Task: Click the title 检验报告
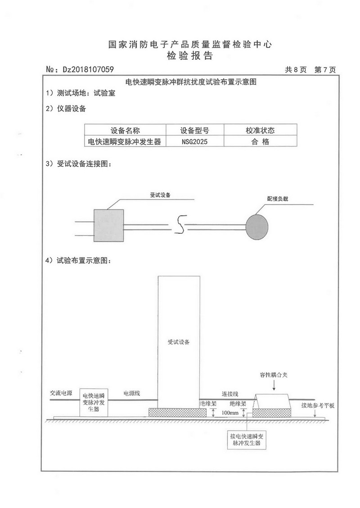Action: pos(189,56)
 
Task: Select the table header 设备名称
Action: pos(126,131)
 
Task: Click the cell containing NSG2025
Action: pos(195,142)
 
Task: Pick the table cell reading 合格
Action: pos(260,142)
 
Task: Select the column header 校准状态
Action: pos(260,131)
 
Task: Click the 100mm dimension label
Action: pos(230,413)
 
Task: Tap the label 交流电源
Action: pos(61,393)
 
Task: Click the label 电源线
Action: pos(132,393)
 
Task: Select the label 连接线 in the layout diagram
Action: pos(230,393)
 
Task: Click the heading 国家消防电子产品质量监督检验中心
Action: pos(190,45)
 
